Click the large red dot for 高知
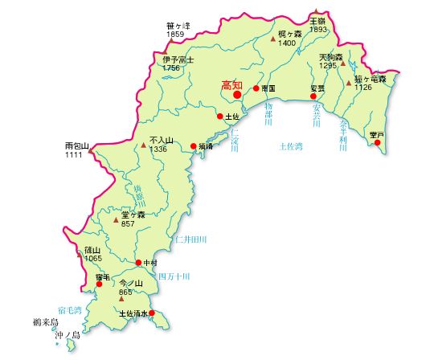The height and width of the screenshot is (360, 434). point(237,95)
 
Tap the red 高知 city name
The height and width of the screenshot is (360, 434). point(231,83)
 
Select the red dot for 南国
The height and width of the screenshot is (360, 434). point(256,88)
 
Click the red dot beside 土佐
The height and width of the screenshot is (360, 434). point(220,116)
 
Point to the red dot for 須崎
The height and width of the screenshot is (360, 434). point(193,146)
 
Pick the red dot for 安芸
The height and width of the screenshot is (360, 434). point(313,96)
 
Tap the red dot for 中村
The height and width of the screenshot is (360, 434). point(138,263)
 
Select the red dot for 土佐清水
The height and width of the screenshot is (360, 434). point(152,313)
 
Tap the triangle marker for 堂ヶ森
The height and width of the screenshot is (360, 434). point(116,219)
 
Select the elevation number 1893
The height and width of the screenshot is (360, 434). point(318,29)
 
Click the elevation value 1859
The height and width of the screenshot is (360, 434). point(175,35)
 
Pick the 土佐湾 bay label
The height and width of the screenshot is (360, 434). point(290,146)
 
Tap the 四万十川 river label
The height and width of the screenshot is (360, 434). point(173,276)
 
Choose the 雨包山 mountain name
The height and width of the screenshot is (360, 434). point(76,146)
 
